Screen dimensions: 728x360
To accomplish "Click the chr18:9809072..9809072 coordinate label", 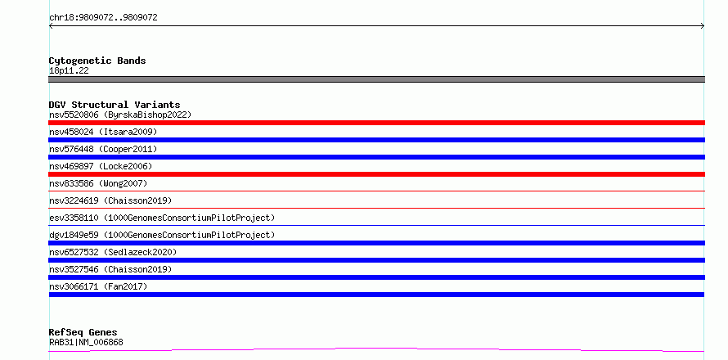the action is (103, 18).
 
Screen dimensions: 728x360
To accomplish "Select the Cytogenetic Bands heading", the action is (97, 61).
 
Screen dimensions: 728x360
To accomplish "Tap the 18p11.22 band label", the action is (69, 70).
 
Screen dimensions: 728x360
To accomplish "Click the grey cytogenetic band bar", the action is (376, 79).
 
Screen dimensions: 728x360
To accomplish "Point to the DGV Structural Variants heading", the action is (115, 105).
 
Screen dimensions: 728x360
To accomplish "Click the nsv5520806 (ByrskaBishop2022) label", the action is (120, 115).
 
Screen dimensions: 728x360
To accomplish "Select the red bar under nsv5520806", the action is (376, 123).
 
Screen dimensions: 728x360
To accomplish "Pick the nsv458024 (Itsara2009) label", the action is (103, 132).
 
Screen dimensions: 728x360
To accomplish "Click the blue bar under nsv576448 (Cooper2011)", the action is (376, 157).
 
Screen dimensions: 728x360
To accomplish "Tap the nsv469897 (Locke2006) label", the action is (101, 166).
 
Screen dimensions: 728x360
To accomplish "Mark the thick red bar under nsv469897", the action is (376, 174).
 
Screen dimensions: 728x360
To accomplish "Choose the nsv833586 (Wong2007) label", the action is (98, 183).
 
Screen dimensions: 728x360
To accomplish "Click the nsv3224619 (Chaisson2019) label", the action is (110, 200).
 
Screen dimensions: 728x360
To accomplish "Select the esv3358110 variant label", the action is (162, 218).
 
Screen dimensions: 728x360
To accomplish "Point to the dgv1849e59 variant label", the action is (162, 235).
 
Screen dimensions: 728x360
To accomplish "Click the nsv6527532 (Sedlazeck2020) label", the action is (113, 252).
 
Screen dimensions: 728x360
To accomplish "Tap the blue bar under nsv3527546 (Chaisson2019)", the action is (376, 277).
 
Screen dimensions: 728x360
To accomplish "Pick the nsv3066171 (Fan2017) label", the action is (98, 286).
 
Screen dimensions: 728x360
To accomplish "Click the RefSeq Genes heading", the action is (83, 332).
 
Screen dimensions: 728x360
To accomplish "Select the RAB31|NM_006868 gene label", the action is (86, 342).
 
